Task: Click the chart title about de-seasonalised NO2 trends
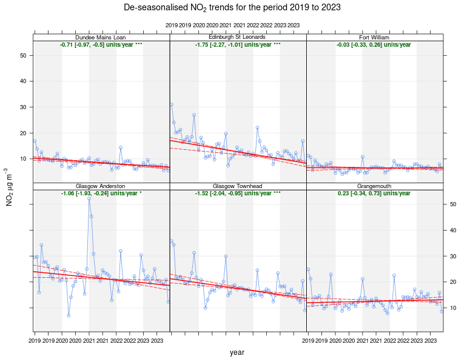pos(232,8)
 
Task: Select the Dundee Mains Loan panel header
pos(101,37)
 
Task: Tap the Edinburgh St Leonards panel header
pos(238,37)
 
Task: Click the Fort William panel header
pos(375,37)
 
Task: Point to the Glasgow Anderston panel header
pos(101,186)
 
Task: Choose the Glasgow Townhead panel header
pos(238,186)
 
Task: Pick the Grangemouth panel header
pos(375,186)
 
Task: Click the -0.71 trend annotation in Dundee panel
pos(101,45)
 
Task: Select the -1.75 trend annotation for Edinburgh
pos(238,45)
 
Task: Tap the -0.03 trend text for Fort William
pos(374,45)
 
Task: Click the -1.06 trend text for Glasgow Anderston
pos(101,194)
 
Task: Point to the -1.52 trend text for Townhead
pos(238,194)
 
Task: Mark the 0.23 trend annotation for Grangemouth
pos(374,194)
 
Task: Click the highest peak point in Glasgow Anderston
pos(89,198)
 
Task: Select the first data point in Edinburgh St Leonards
pos(172,104)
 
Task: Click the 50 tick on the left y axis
pos(22,55)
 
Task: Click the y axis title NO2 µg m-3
pos(10,187)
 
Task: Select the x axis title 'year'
pos(237,352)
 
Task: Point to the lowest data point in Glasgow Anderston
pos(69,315)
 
